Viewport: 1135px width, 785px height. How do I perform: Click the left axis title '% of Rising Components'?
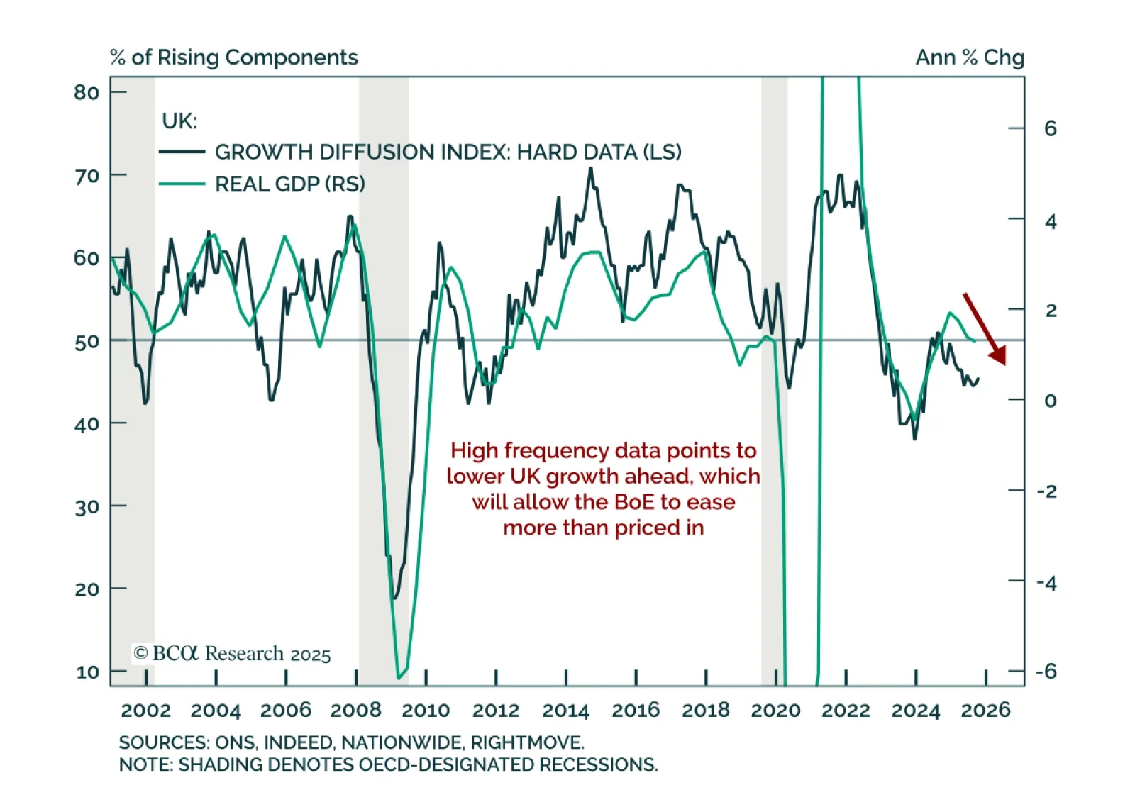(x=234, y=57)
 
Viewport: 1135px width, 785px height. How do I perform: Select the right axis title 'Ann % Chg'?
(x=970, y=57)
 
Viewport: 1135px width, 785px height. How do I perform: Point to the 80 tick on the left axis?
(x=87, y=92)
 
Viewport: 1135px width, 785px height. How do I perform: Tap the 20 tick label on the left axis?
(x=87, y=589)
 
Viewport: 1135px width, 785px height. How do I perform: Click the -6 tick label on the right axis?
(x=1046, y=671)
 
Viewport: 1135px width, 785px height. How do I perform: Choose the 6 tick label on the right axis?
(x=1051, y=128)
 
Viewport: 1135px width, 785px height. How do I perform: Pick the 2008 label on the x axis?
(x=356, y=710)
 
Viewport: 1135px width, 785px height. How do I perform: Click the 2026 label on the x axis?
(x=985, y=710)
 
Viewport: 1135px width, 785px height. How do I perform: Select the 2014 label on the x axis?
(x=565, y=710)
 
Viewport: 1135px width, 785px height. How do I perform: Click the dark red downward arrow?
(x=985, y=329)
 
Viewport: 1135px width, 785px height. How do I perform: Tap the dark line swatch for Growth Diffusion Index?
(x=182, y=152)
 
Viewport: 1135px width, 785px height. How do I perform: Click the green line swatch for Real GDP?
(x=182, y=184)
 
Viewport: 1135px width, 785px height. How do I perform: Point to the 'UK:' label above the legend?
(x=179, y=121)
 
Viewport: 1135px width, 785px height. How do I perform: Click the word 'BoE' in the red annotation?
(x=635, y=502)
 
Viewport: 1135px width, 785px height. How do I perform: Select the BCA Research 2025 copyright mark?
(x=233, y=653)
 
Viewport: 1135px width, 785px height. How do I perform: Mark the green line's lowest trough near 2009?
(x=399, y=677)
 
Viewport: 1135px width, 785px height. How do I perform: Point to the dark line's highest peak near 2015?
(x=590, y=169)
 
